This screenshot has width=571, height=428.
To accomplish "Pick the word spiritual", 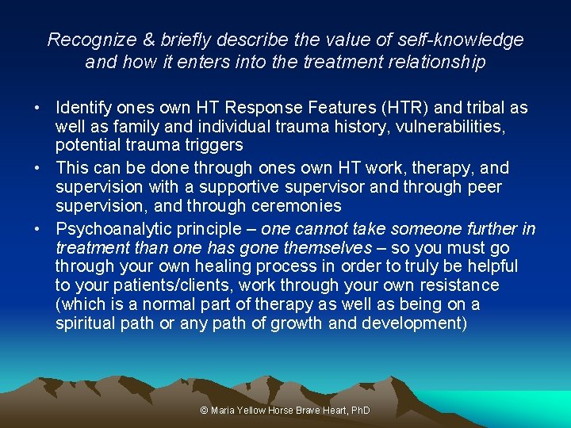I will (82, 323).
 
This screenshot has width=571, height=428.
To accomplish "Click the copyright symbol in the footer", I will (205, 411).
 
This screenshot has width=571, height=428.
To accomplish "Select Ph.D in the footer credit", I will (361, 411).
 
